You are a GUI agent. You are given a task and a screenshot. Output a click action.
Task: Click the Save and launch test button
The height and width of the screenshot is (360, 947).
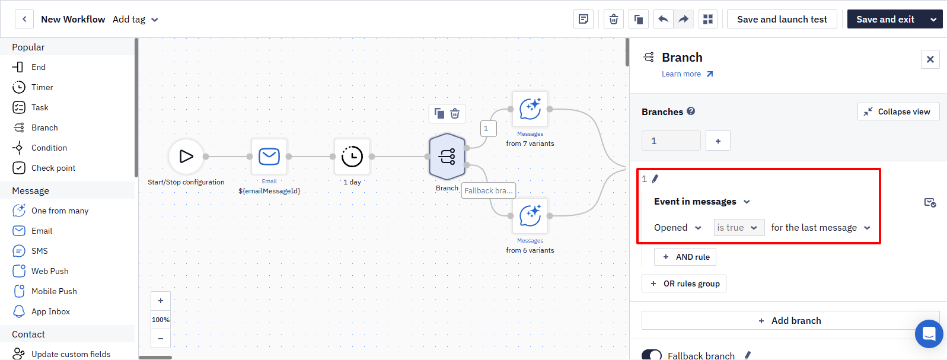(782, 20)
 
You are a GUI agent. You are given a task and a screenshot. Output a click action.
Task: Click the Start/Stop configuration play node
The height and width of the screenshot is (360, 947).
(186, 157)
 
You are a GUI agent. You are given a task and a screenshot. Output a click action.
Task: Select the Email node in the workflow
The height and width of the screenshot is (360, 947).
(269, 157)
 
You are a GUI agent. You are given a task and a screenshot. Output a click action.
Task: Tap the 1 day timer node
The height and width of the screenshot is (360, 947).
(352, 157)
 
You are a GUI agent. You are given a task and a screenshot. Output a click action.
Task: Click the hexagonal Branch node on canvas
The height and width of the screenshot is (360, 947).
(447, 157)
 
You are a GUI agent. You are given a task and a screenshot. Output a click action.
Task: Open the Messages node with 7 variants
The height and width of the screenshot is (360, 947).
(530, 109)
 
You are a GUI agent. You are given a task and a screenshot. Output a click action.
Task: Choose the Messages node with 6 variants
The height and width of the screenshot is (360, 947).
(530, 216)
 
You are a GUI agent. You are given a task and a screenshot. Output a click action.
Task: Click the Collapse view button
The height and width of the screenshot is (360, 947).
(898, 111)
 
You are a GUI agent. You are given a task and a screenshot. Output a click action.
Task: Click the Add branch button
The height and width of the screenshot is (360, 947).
(790, 321)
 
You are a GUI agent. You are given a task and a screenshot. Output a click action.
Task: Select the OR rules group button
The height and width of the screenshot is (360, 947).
(684, 283)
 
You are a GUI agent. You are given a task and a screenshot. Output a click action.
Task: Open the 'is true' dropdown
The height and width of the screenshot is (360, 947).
(739, 228)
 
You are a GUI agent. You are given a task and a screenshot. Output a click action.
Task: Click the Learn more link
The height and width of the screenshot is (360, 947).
(687, 74)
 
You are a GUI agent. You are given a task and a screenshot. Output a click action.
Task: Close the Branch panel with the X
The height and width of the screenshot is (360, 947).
(930, 59)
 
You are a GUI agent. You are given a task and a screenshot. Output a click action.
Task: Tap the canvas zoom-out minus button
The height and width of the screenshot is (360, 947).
(161, 339)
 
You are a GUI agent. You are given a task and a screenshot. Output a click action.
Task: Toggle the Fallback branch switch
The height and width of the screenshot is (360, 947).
(652, 355)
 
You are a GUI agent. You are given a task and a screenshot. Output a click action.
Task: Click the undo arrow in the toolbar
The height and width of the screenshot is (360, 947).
(664, 20)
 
